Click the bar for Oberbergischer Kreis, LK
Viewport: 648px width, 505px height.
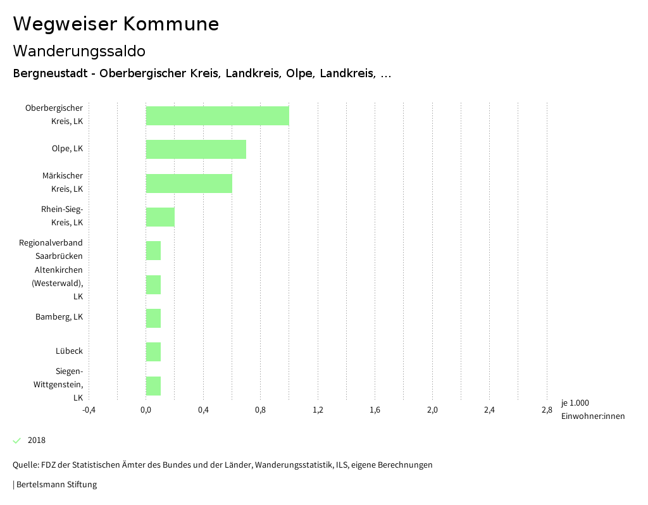pos(217,116)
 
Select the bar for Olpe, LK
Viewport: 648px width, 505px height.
pos(196,149)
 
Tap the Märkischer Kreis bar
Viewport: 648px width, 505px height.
pos(189,184)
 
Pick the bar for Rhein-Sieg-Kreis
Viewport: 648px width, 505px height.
pos(160,217)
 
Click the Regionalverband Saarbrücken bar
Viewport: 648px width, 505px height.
pos(153,251)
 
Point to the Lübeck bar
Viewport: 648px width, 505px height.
pos(153,352)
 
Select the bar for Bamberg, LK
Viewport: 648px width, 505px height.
pos(153,318)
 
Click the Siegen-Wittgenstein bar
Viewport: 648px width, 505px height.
pos(153,386)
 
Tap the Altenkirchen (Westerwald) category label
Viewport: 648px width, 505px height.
pos(58,283)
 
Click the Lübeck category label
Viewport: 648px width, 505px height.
pos(69,351)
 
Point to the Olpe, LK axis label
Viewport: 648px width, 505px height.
pos(67,149)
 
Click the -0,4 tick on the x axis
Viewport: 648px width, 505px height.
pos(89,410)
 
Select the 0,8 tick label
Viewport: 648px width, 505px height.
pos(260,410)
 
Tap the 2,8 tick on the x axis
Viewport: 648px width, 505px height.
pos(547,410)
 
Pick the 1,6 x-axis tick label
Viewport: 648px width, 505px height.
pos(375,410)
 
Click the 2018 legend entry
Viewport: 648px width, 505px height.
pos(36,440)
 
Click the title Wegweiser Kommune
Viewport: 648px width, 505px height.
pos(116,24)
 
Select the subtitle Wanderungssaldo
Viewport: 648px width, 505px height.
pos(79,51)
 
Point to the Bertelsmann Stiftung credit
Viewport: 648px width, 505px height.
pos(56,485)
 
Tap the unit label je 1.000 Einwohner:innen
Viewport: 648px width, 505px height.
pos(592,409)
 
